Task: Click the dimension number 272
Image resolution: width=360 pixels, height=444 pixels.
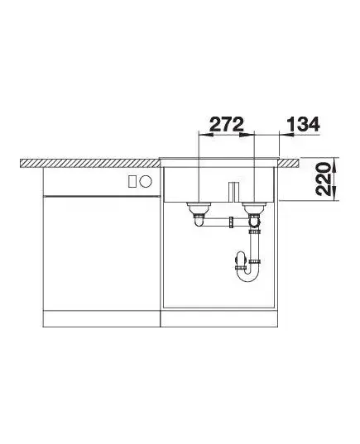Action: pyautogui.click(x=227, y=124)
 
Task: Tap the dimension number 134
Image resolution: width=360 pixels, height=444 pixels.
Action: pyautogui.click(x=303, y=124)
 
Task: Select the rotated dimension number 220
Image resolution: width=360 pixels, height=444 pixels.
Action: pyautogui.click(x=324, y=179)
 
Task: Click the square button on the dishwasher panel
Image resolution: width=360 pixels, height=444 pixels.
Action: pyautogui.click(x=132, y=181)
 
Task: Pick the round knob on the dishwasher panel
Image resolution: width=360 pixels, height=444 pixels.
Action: pyautogui.click(x=146, y=181)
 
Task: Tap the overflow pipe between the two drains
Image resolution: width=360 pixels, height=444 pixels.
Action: pyautogui.click(x=234, y=192)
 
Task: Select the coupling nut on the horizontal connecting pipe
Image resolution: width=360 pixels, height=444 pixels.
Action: pyautogui.click(x=231, y=222)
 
